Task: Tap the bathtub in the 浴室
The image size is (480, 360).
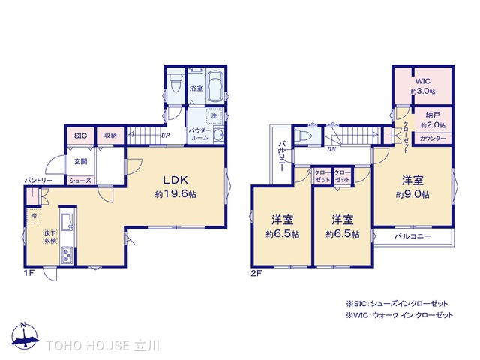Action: (215, 86)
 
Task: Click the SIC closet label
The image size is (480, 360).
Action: (80, 136)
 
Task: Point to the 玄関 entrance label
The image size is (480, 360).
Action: (81, 161)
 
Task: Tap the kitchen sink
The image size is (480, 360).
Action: (67, 222)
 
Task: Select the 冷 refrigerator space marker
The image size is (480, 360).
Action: (34, 216)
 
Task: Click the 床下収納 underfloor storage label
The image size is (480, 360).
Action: (50, 237)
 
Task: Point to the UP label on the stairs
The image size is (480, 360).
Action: (165, 135)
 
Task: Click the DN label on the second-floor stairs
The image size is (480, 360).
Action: (331, 149)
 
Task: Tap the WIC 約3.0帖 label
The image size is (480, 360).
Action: (423, 86)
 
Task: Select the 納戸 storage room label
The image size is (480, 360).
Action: (433, 115)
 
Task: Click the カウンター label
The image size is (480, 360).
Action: (433, 139)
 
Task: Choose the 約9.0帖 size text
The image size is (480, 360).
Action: (412, 195)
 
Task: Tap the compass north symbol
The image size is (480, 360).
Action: (25, 335)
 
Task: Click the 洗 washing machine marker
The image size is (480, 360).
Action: (214, 116)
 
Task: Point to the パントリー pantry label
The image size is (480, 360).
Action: (38, 181)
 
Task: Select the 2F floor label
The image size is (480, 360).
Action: (256, 273)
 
